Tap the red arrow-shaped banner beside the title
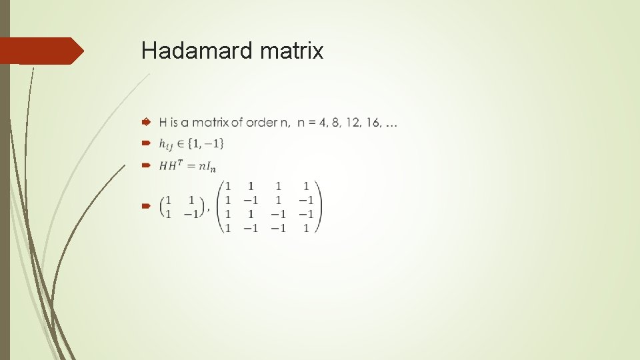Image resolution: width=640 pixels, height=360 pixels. pyautogui.click(x=41, y=51)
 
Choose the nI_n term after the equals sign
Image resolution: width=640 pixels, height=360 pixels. pyautogui.click(x=206, y=166)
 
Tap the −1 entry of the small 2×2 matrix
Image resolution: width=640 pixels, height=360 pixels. pyautogui.click(x=192, y=214)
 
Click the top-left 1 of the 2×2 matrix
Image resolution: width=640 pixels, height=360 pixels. pyautogui.click(x=169, y=200)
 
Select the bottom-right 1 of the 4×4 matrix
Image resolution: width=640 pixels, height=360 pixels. pyautogui.click(x=306, y=228)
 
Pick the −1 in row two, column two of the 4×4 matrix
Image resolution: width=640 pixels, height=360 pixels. pyautogui.click(x=250, y=200)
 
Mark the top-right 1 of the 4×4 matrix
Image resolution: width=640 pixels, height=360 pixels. pyautogui.click(x=306, y=186)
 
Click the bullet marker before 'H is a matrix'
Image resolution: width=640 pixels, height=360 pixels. pyautogui.click(x=146, y=123)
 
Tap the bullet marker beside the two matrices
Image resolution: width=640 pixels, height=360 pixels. pyautogui.click(x=146, y=207)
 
